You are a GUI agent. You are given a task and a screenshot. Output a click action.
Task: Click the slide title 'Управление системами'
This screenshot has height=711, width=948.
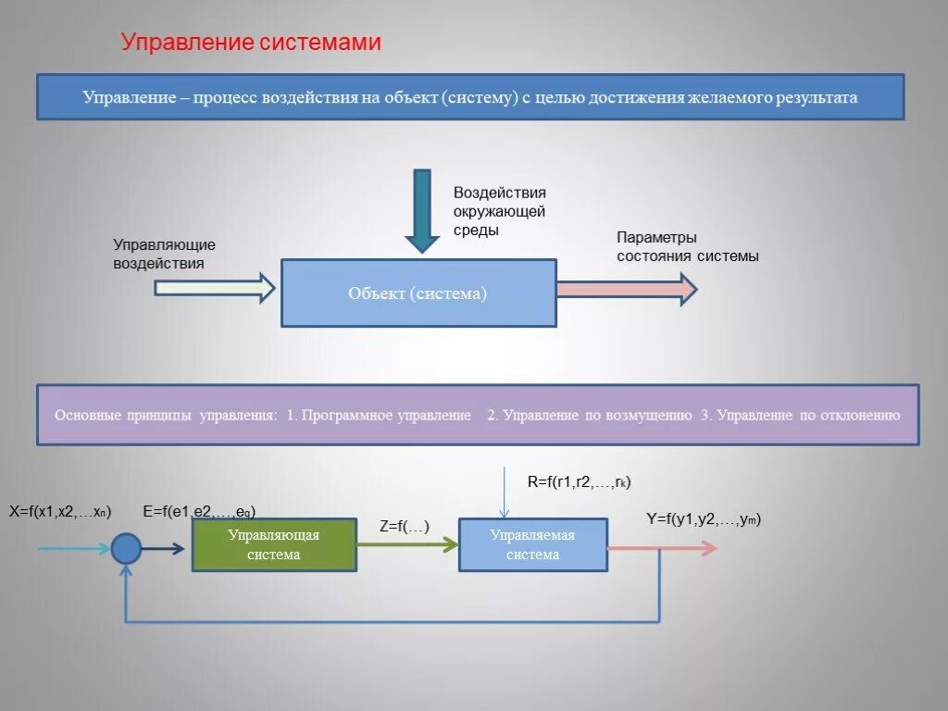(x=252, y=43)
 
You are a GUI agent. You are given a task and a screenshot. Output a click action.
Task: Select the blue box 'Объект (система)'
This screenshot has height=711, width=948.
(x=418, y=293)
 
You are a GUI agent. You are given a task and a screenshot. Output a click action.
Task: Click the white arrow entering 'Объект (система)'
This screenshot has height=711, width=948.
(x=215, y=288)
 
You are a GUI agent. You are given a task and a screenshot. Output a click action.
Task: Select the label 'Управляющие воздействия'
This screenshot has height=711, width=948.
(x=164, y=254)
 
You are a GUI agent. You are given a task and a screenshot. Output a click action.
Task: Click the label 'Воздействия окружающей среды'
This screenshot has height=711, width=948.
(x=499, y=211)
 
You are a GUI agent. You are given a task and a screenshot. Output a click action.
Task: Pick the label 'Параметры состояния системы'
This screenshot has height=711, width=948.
(x=687, y=247)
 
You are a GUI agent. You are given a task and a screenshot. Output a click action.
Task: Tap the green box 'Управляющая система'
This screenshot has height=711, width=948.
(x=274, y=545)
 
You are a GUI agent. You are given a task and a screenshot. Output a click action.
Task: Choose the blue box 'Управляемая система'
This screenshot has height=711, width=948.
(x=533, y=545)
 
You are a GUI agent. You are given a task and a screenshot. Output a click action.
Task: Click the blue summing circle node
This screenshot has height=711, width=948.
(x=126, y=549)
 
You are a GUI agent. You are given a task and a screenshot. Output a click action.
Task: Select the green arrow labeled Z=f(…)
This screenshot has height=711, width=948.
(x=407, y=545)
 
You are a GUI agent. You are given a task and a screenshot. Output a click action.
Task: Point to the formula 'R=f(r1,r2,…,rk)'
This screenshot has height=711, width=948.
(x=579, y=481)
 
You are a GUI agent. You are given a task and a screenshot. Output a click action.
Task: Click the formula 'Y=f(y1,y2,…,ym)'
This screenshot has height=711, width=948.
(x=704, y=519)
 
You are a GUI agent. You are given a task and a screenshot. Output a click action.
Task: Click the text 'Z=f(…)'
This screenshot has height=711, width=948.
(x=405, y=526)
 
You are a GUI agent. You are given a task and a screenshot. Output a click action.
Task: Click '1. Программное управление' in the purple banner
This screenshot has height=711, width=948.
(x=379, y=415)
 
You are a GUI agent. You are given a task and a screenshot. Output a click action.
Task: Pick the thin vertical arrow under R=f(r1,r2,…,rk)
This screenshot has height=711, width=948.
(x=503, y=493)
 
